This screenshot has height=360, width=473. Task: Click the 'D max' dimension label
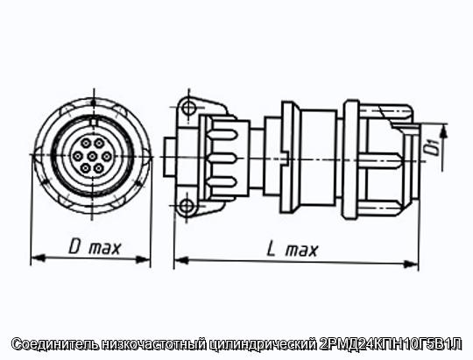[x=95, y=247]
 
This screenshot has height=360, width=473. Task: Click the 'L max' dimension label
[x=293, y=250]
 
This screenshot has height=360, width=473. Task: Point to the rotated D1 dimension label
[x=434, y=146]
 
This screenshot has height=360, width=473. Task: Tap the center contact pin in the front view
[x=92, y=156]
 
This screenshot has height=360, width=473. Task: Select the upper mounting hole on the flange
[x=189, y=107]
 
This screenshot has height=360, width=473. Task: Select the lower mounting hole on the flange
[x=186, y=206]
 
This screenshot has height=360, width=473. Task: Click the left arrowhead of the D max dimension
[x=38, y=258]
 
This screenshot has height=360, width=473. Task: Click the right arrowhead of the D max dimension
[x=143, y=259]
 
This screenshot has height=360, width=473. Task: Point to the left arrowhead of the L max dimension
[x=181, y=260]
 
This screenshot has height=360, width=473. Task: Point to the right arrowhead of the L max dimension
[x=411, y=265]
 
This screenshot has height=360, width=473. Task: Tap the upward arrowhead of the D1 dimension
[x=443, y=133]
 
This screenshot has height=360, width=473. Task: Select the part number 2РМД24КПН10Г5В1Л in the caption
[x=390, y=344]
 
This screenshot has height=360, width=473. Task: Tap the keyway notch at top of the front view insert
[x=94, y=123]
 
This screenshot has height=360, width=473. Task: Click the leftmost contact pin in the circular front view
[x=78, y=156]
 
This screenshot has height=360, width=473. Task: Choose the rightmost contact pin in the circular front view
[x=107, y=156]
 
